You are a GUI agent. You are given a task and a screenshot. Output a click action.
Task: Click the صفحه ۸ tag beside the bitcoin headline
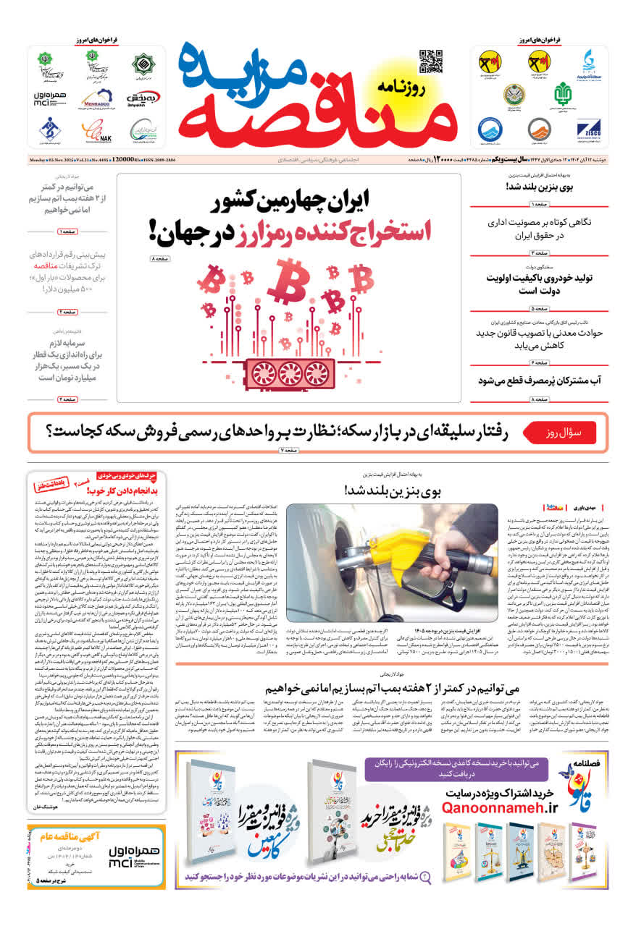(x=161, y=258)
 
